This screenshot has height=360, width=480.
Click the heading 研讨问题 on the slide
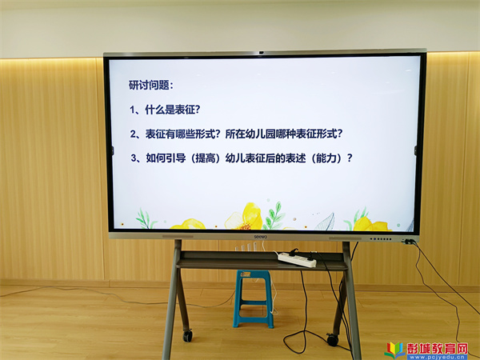coord(149,85)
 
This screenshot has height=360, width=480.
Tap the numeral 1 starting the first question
coord(132,110)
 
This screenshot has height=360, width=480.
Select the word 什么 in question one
coord(155,110)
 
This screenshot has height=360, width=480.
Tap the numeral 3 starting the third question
coord(134,158)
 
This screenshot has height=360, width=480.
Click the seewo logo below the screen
coord(261,237)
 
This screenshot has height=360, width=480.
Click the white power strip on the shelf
coord(297,259)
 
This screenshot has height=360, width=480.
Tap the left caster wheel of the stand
coord(188,335)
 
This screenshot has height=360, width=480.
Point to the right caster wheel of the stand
coord(332,339)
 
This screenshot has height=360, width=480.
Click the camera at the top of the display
coord(261,53)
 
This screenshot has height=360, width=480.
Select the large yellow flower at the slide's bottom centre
coord(246,217)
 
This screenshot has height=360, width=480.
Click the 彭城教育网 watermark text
coord(437,348)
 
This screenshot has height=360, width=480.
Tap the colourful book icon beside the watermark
coord(394,350)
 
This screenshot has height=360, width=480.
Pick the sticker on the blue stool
coord(246,274)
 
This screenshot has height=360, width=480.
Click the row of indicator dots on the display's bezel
coord(380,238)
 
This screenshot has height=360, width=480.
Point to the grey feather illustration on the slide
coord(325,222)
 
